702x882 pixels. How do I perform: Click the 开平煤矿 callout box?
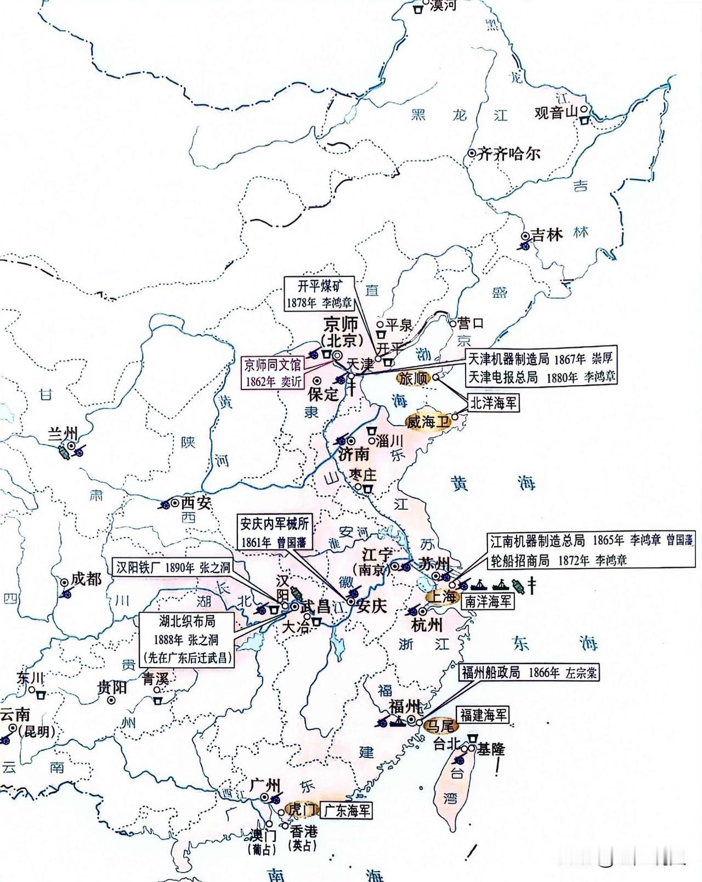(x=319, y=294)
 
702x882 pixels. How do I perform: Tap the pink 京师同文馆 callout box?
(x=273, y=374)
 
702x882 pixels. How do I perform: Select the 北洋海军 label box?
(x=492, y=403)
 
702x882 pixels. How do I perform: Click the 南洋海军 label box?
(x=488, y=601)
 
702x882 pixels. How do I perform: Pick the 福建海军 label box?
(x=483, y=715)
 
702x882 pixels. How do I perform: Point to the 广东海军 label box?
(x=346, y=810)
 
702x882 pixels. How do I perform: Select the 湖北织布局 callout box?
(x=187, y=640)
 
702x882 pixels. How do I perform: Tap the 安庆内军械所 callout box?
(x=273, y=532)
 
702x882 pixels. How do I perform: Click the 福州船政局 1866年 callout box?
(x=529, y=672)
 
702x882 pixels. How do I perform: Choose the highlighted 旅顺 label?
(x=413, y=378)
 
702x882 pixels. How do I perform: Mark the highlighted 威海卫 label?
(x=427, y=422)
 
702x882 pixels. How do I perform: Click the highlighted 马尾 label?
(x=440, y=726)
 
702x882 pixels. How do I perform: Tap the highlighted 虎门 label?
(x=300, y=809)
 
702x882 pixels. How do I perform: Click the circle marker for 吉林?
(x=525, y=236)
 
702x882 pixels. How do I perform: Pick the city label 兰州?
(x=63, y=433)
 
